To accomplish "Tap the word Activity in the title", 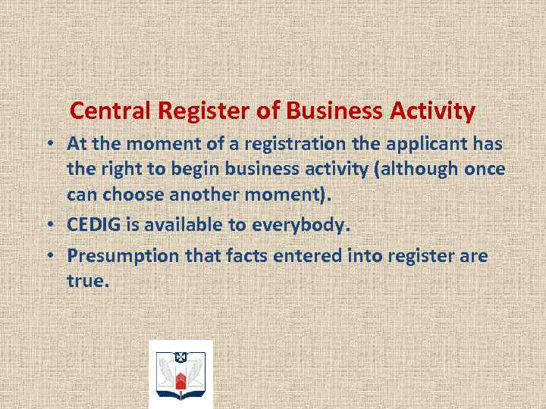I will pyautogui.click(x=432, y=112).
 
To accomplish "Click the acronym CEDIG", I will pyautogui.click(x=95, y=225).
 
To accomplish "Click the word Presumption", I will pyautogui.click(x=121, y=256).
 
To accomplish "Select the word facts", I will pyautogui.click(x=228, y=256).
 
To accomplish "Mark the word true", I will pyautogui.click(x=88, y=281).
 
